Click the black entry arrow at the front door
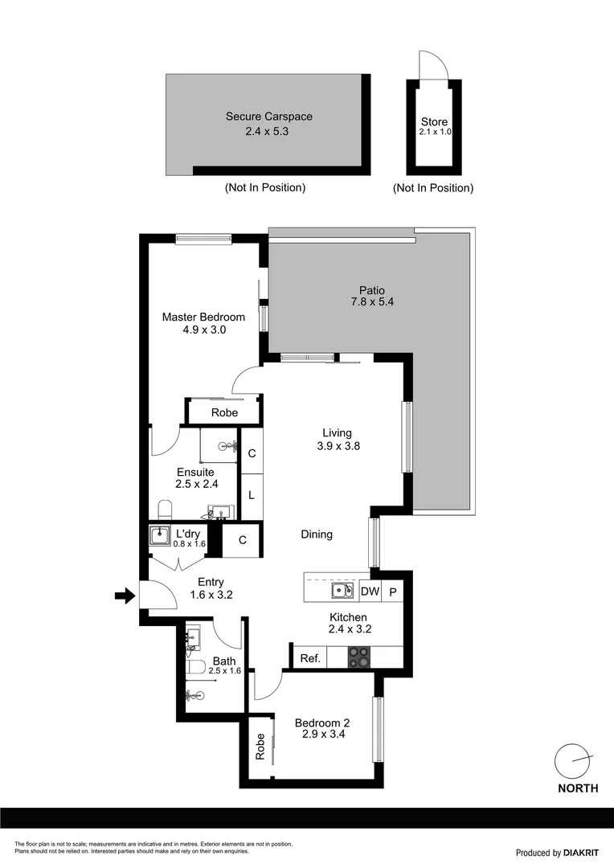coord(124,596)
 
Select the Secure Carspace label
coord(268,117)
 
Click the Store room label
coord(434,122)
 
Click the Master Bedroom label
coord(203,317)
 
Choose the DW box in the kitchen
coord(370,592)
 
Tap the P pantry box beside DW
coord(393,592)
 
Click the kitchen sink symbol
coord(343,592)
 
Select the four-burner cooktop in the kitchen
coord(359,657)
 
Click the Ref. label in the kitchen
coord(310,658)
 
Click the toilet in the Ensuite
coord(166,510)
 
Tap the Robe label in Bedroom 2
coord(260,747)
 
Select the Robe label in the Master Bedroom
coord(224,412)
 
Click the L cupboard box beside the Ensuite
coord(252,495)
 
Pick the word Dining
coord(317,534)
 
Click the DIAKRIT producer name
coord(581,853)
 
